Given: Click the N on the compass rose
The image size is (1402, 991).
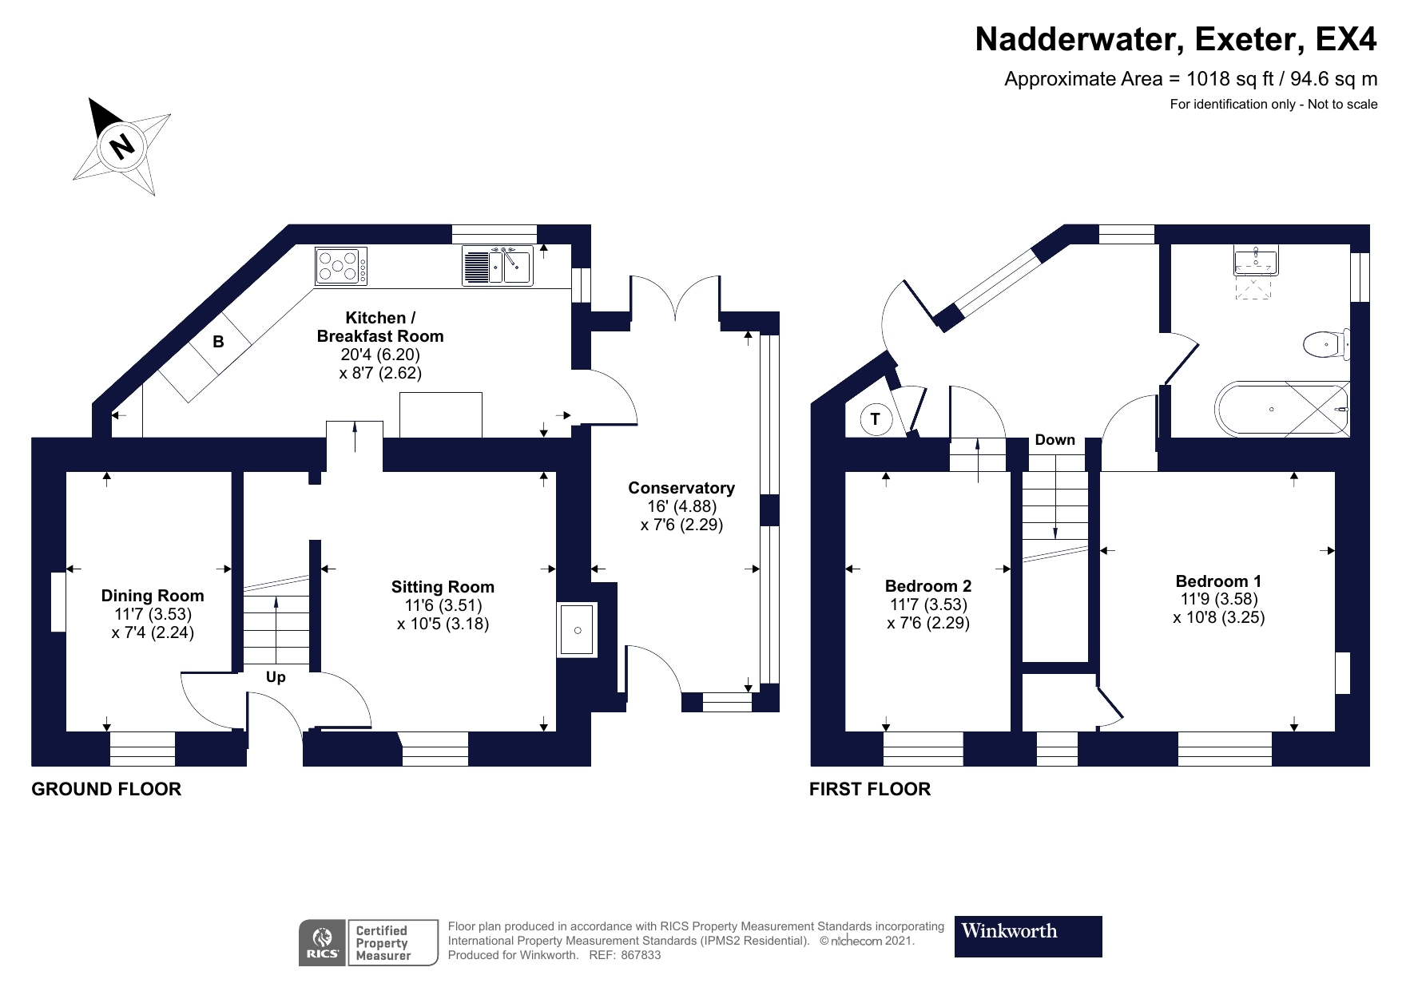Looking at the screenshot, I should coord(121,146).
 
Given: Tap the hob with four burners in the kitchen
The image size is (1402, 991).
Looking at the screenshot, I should coord(342,266).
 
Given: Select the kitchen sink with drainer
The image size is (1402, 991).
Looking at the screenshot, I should coord(498,266).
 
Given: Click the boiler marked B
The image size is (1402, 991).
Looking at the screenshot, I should coord(218,342).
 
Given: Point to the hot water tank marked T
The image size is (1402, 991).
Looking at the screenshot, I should coord(876,419).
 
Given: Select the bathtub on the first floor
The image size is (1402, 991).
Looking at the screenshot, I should coord(1281,409).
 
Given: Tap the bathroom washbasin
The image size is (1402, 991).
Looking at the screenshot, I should coord(1254,262).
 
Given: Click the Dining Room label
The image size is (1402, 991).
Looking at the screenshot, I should coord(153,596).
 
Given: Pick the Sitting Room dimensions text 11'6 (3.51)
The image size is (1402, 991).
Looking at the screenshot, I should coord(443,605).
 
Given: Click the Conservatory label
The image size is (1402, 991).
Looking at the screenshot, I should coord(681,488).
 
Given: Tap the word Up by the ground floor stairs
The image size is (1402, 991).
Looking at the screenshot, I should coord(276,677).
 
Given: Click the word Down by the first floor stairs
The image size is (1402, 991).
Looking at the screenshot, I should coord(1055,440).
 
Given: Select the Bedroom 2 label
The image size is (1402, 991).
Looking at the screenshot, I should coord(928,586).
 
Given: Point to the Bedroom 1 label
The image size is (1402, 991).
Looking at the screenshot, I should coord(1218,581).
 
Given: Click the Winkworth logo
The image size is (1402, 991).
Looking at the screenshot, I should coord(1027,936).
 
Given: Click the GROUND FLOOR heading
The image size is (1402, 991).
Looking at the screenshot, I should coord(106,789).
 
